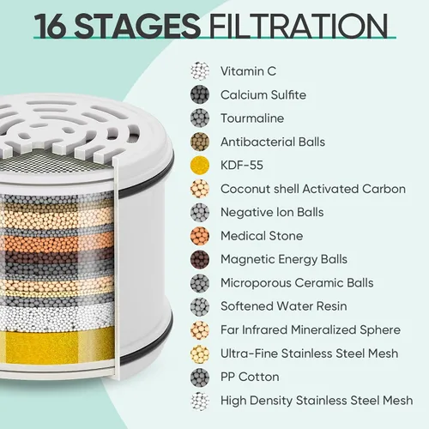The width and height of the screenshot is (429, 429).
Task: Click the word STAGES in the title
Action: tap(136, 26)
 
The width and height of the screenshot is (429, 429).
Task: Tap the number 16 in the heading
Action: tap(51, 26)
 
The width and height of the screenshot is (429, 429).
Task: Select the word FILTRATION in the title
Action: tap(299, 26)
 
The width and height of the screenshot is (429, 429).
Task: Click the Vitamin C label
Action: tap(248, 71)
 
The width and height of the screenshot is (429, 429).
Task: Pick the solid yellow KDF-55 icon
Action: tap(200, 166)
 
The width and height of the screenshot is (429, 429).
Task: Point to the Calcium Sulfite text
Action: tap(263, 94)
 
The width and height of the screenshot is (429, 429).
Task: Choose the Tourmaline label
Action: tap(252, 118)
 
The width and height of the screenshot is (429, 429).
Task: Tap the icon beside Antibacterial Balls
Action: tap(200, 142)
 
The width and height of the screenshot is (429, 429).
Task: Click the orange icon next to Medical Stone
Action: tap(200, 236)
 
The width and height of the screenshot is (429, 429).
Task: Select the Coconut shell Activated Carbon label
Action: tap(313, 189)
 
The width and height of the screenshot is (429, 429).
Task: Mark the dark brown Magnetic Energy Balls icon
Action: tap(200, 259)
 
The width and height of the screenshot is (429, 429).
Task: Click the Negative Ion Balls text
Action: tap(272, 212)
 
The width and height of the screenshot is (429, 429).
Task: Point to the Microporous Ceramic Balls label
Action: tap(297, 283)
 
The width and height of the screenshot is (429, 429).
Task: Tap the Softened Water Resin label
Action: tap(284, 306)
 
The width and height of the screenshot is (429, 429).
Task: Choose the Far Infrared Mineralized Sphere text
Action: tap(311, 329)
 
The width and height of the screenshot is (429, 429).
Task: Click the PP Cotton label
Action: tap(250, 377)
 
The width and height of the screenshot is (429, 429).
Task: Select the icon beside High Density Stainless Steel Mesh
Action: tap(200, 401)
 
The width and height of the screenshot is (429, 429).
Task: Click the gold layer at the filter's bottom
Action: tap(57, 346)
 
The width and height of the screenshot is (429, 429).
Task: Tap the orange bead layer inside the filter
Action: tap(57, 243)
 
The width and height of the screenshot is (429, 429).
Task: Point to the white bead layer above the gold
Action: tap(57, 316)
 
